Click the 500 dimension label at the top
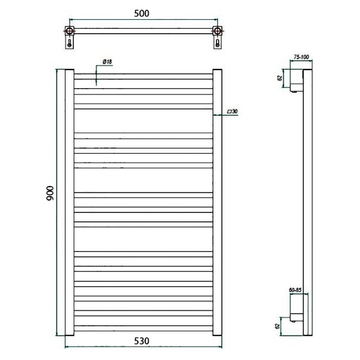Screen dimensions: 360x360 [x=142, y=14]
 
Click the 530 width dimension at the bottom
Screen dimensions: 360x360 [x=142, y=341]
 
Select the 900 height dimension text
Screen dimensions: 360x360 [x=50, y=193]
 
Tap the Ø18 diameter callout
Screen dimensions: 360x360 [x=107, y=62]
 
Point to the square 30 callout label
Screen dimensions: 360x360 [x=232, y=112]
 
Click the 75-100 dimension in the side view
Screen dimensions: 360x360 [x=301, y=57]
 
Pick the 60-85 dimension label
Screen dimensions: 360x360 [x=295, y=290]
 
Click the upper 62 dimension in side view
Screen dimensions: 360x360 [x=280, y=78]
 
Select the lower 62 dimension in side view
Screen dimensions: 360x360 [x=277, y=326]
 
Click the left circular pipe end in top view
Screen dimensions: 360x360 [x=69, y=31]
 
